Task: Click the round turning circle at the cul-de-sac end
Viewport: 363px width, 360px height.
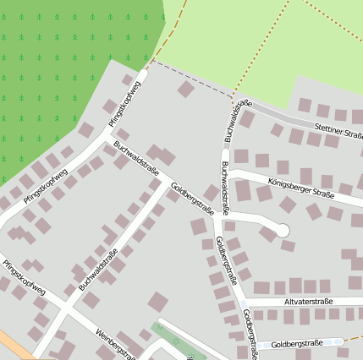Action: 283,230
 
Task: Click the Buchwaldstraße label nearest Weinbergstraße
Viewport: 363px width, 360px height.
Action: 97,270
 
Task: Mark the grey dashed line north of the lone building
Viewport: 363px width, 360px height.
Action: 190,75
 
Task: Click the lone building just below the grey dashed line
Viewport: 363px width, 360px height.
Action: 185,89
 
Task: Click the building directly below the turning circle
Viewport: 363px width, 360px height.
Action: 288,247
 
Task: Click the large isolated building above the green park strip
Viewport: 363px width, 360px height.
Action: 157,301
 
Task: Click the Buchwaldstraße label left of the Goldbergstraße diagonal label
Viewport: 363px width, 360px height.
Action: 136,155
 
